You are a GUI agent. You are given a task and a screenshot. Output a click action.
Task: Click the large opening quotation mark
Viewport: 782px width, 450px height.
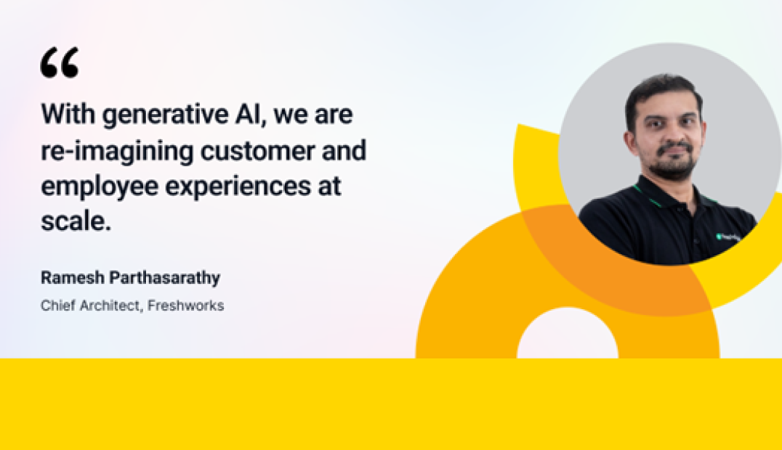pyautogui.click(x=60, y=62)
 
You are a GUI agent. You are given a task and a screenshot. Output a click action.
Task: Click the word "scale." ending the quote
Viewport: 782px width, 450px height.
pyautogui.click(x=76, y=221)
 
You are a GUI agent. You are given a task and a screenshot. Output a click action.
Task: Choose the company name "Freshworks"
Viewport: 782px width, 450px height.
pyautogui.click(x=186, y=306)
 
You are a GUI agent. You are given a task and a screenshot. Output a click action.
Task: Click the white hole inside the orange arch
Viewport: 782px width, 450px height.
pyautogui.click(x=568, y=333)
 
